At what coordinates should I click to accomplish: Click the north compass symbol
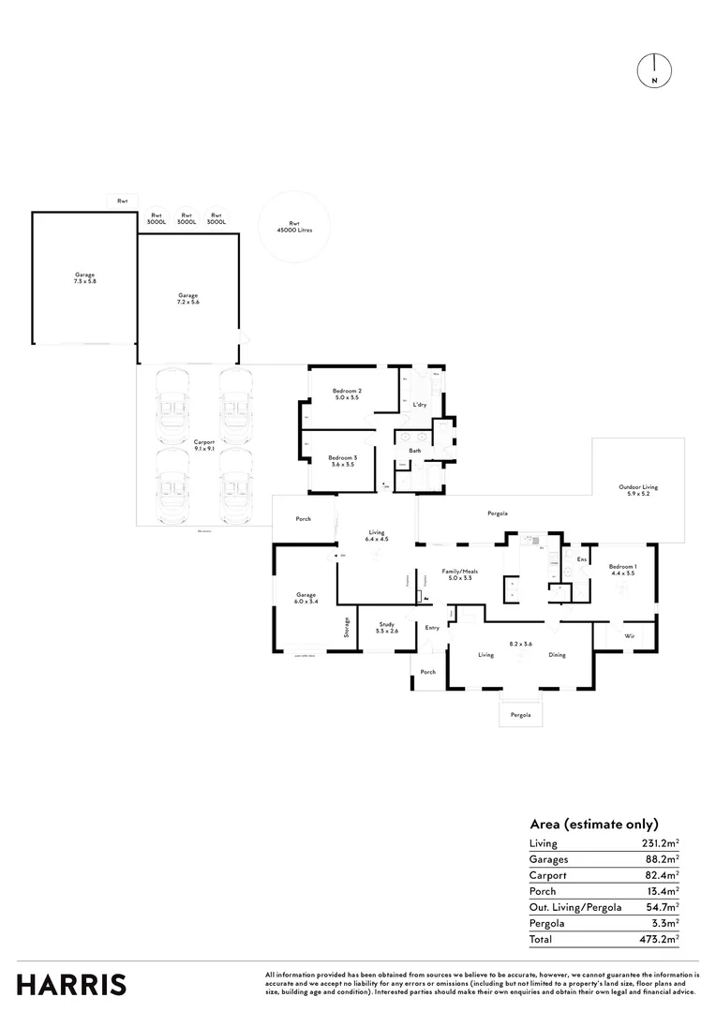pyautogui.click(x=653, y=71)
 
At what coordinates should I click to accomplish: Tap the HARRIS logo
pyautogui.click(x=71, y=984)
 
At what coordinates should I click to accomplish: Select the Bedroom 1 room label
pyautogui.click(x=621, y=569)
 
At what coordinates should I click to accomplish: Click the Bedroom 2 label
pyautogui.click(x=347, y=394)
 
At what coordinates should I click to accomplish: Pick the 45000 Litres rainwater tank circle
pyautogui.click(x=294, y=226)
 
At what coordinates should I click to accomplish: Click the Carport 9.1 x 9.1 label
pyautogui.click(x=204, y=446)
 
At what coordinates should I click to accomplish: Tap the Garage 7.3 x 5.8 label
pyautogui.click(x=85, y=277)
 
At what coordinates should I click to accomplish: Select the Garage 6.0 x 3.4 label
pyautogui.click(x=306, y=598)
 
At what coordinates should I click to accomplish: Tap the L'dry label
pyautogui.click(x=421, y=404)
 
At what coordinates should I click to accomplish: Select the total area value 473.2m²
pyautogui.click(x=662, y=939)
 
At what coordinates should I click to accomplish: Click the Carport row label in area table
pyautogui.click(x=548, y=875)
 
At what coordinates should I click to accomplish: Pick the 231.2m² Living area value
pyautogui.click(x=662, y=843)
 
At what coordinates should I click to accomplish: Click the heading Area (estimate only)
pyautogui.click(x=594, y=824)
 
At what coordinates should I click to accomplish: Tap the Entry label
pyautogui.click(x=432, y=628)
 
